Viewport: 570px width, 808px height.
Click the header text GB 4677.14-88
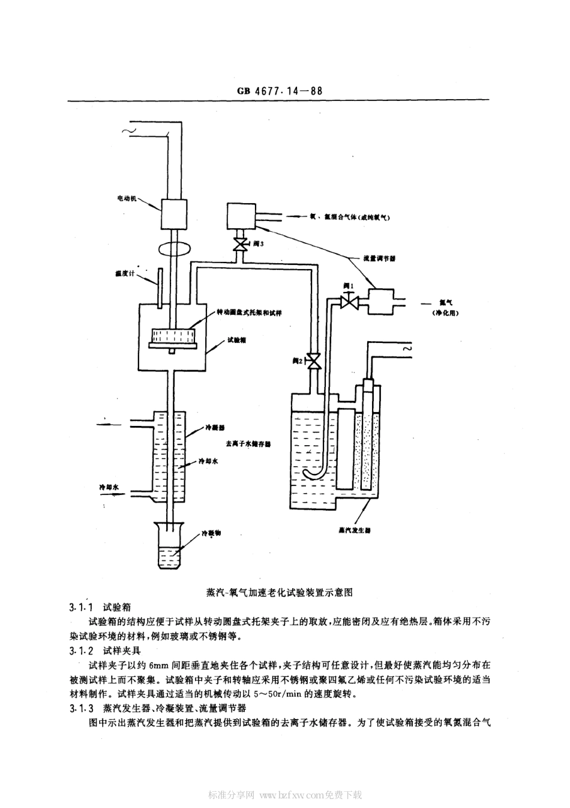[x=280, y=91]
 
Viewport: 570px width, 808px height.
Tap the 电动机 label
[x=127, y=198]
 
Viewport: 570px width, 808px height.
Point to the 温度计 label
[x=127, y=273]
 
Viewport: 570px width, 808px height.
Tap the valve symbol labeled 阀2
[x=311, y=361]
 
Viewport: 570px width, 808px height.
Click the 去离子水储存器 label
[x=248, y=444]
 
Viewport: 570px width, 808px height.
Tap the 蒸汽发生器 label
[x=355, y=530]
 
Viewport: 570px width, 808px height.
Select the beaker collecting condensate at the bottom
[x=172, y=547]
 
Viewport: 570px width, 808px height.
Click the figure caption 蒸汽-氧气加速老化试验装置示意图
[x=279, y=592]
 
